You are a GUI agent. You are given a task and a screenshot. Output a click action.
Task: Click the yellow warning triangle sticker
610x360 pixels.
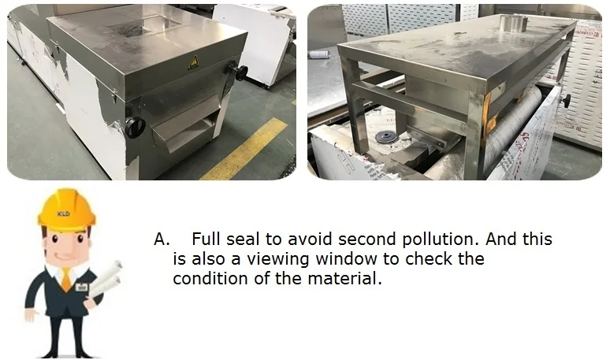click(193, 62)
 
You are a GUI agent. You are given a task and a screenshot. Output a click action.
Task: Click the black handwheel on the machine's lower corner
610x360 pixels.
click(135, 127)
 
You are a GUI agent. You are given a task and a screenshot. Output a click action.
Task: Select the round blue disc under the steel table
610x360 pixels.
click(384, 137)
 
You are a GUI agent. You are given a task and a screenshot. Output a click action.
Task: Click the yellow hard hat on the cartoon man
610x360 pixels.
click(66, 208)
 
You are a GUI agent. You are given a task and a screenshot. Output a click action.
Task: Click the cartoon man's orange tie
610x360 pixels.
click(66, 278)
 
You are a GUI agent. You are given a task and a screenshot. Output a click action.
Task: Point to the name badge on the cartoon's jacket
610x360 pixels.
click(81, 287)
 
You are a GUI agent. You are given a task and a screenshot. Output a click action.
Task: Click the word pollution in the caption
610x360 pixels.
click(440, 239)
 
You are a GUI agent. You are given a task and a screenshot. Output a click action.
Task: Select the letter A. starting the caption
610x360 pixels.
click(162, 239)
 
